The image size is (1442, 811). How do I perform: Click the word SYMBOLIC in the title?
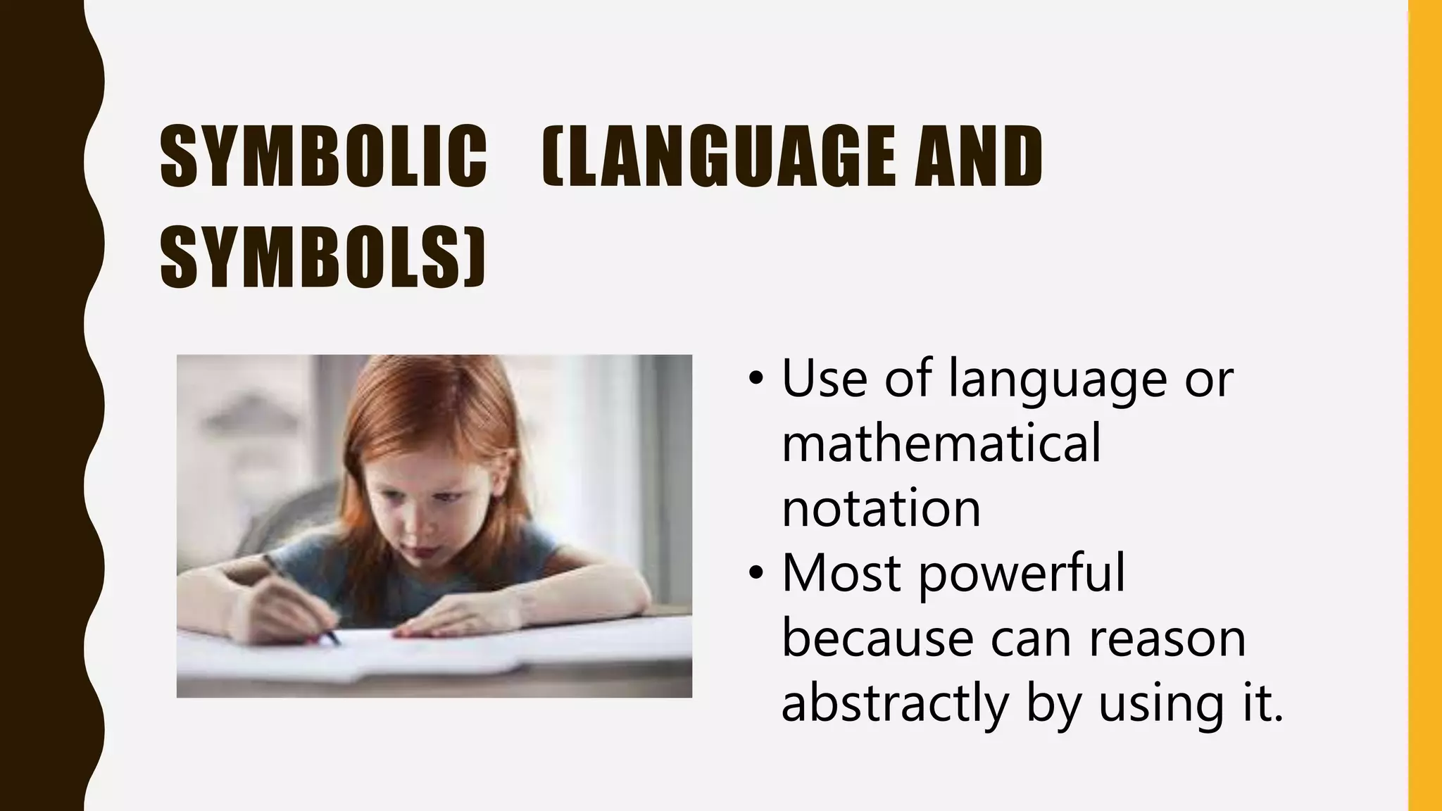323,156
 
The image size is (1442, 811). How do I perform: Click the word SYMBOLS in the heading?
313,256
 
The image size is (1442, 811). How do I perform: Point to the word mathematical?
941,444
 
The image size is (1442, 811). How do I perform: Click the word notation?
881,508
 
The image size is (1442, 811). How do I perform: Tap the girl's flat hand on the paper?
451,619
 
